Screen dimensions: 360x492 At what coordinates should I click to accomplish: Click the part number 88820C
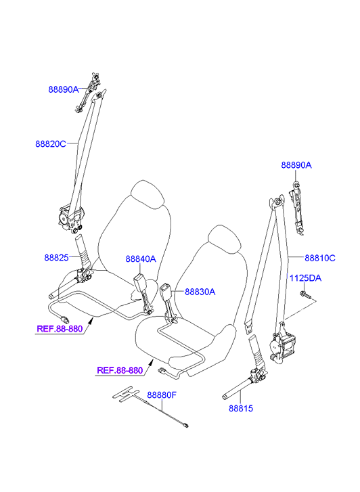pos(51,144)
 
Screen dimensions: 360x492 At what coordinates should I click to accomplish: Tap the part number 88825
pos(56,258)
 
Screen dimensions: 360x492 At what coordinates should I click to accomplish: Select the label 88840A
pos(141,259)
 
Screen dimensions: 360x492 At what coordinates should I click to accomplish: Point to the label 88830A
pos(200,292)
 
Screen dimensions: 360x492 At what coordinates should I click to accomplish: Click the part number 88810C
pos(320,258)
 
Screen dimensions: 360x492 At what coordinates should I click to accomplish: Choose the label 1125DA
pos(305,278)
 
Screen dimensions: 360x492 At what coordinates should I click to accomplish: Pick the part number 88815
pos(241,408)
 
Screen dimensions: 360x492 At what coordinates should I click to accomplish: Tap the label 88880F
pos(162,395)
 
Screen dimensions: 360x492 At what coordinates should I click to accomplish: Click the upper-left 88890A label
pos(64,89)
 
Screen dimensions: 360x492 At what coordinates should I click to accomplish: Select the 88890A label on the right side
pos(296,165)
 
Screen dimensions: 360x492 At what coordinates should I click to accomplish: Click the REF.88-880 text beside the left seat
pos(60,329)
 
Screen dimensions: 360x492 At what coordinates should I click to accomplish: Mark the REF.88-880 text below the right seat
pos(120,370)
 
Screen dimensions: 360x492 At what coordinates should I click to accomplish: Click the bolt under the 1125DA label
pos(305,294)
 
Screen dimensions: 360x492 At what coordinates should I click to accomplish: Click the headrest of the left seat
pos(148,194)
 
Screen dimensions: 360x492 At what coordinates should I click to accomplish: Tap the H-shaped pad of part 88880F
pos(125,393)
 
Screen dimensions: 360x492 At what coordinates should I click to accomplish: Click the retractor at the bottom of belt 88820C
pos(70,219)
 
